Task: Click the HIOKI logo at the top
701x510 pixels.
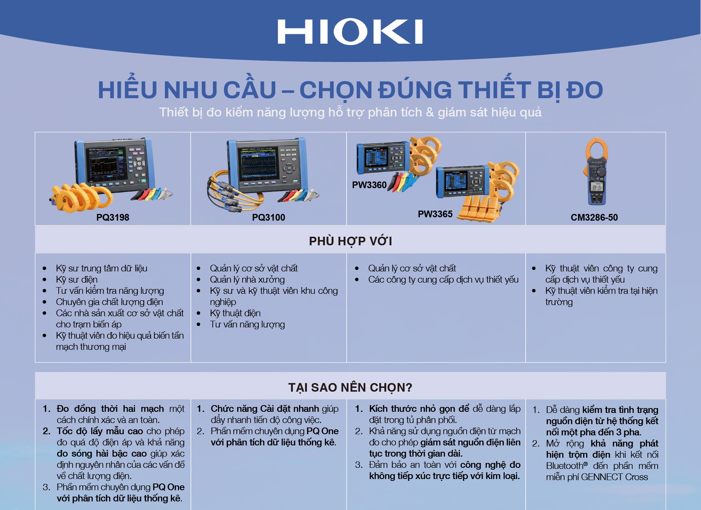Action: point(350,32)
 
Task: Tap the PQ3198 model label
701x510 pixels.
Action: point(113,217)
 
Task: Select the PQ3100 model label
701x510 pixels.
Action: point(268,217)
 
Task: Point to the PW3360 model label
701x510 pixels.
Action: point(369,185)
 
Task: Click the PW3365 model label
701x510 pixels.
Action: point(435,214)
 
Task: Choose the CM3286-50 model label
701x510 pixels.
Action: point(594,217)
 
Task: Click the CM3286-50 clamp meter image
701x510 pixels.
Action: point(597,172)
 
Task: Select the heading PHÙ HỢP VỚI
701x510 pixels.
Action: point(350,241)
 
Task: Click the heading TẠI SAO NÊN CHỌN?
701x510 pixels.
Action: point(350,388)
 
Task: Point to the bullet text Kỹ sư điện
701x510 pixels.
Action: point(77,279)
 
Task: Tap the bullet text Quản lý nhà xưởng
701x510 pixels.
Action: point(247,279)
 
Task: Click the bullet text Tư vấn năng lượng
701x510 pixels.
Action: point(247,324)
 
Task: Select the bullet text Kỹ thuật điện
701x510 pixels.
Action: point(235,313)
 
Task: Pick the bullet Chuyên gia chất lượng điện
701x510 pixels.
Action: point(109,302)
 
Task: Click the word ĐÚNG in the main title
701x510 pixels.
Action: point(415,90)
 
